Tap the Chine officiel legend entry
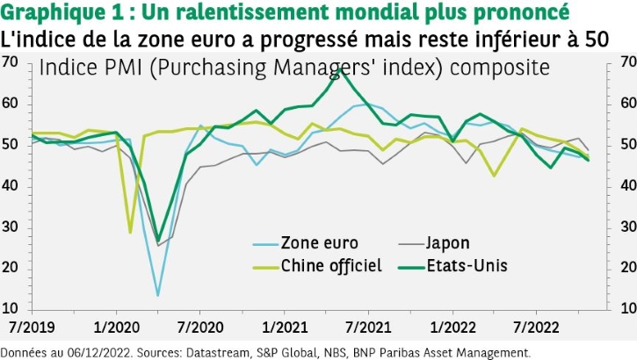330,265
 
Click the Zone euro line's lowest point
157,295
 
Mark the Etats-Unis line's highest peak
341,70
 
